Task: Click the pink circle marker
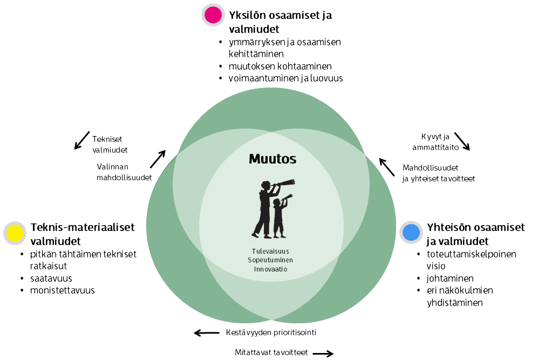[x=213, y=15]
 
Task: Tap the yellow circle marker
[x=15, y=233]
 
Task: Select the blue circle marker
[x=411, y=232]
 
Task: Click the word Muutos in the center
[x=272, y=159]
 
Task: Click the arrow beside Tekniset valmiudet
[x=82, y=140]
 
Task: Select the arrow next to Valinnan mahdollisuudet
[x=158, y=159]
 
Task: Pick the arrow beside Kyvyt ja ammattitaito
[x=462, y=141]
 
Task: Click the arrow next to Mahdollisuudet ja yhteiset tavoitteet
[x=386, y=167]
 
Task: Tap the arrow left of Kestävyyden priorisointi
[x=207, y=332]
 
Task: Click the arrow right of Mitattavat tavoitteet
[x=323, y=354]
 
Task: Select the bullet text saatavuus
[x=51, y=279]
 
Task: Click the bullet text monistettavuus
[x=63, y=290]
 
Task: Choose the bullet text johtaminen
[x=446, y=279]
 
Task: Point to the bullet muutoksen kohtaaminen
[x=281, y=66]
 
